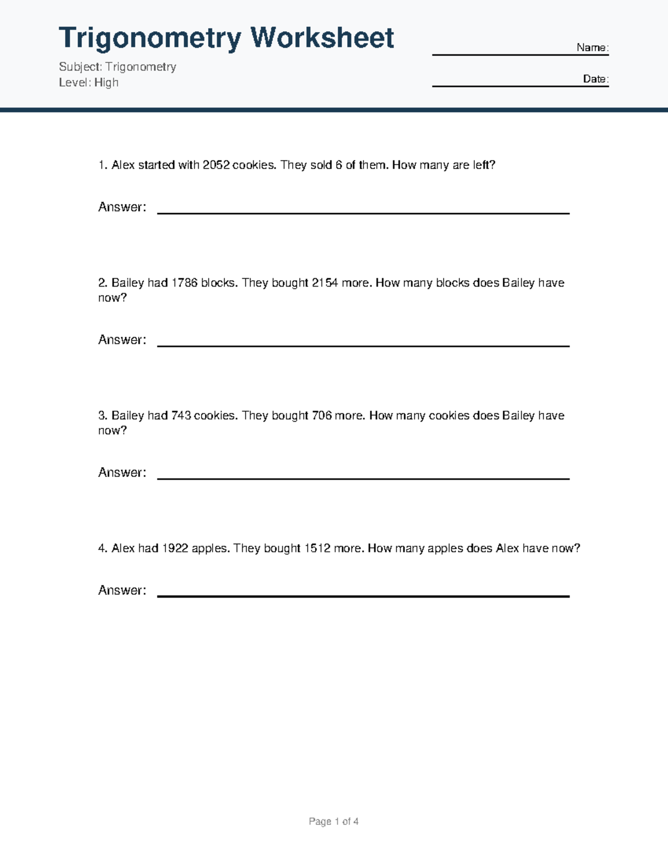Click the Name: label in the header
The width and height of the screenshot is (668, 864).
click(x=592, y=48)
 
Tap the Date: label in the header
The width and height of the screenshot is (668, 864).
click(x=596, y=79)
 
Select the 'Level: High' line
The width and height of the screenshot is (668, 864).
click(x=89, y=82)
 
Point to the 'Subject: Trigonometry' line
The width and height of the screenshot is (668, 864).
click(x=117, y=67)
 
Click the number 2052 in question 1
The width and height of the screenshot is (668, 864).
click(x=216, y=165)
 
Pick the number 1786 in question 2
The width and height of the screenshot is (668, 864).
click(x=184, y=283)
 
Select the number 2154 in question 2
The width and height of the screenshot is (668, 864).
click(x=325, y=283)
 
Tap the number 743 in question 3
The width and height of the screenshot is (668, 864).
click(x=181, y=416)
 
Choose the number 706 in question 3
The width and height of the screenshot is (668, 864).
click(x=322, y=416)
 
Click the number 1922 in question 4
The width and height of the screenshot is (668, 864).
click(x=175, y=549)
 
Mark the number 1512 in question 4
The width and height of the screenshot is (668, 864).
click(x=317, y=549)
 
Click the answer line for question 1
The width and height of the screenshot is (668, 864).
click(x=363, y=212)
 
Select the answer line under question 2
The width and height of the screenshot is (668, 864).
click(x=363, y=345)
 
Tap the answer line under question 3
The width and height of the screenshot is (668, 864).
click(x=363, y=477)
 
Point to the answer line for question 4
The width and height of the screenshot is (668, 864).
click(x=363, y=595)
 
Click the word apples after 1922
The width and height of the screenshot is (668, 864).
click(x=210, y=549)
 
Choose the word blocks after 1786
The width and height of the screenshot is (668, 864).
click(x=219, y=283)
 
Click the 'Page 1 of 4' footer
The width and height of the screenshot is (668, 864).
click(x=333, y=822)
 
